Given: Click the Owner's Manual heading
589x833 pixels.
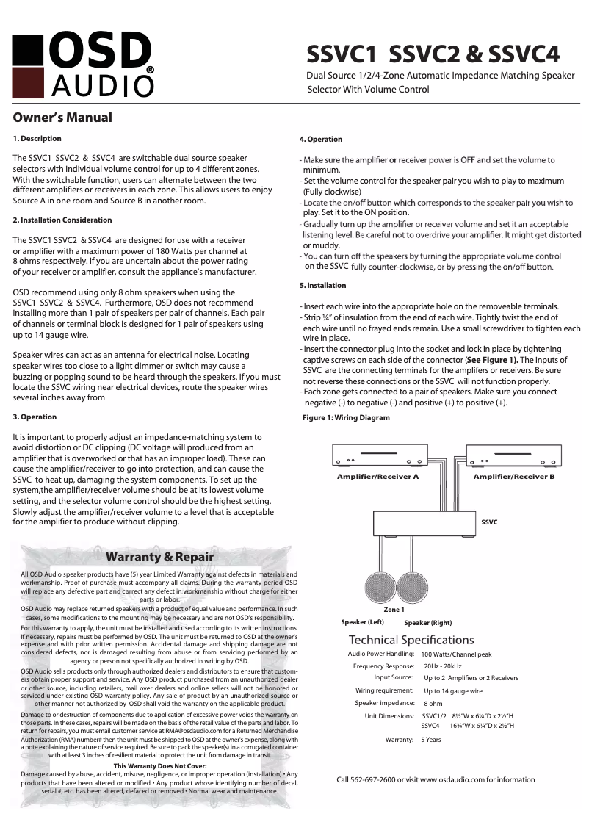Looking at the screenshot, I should click(63, 118).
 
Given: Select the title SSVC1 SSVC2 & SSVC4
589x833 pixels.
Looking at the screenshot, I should click(433, 54).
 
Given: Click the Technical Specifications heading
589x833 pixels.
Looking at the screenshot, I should click(411, 640).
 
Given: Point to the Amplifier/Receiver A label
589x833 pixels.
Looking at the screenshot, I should click(377, 477).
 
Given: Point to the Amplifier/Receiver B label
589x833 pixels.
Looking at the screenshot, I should click(513, 477).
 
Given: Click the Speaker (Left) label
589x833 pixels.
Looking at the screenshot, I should click(362, 622).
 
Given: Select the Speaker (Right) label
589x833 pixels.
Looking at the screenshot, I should click(427, 623).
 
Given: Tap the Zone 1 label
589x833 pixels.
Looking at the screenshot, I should click(394, 610).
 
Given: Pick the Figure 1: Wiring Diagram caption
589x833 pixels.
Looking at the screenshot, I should click(346, 418).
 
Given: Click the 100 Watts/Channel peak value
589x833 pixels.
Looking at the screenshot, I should click(456, 654).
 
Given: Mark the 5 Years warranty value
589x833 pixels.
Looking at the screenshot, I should click(431, 740).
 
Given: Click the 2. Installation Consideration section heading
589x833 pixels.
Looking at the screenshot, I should click(62, 220).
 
